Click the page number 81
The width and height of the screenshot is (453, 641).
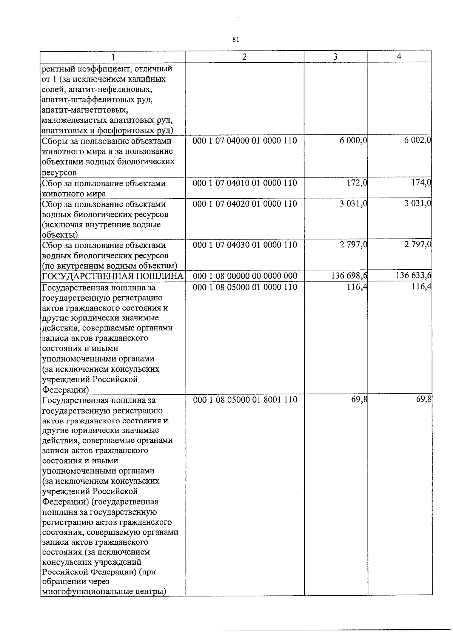pos(236,40)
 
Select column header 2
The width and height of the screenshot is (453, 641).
pos(245,57)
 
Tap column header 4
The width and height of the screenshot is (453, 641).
pos(399,56)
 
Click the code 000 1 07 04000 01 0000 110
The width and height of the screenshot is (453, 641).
pos(245,141)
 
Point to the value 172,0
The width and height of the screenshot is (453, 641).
pos(357,183)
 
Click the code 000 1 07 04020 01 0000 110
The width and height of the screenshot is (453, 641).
pos(245,204)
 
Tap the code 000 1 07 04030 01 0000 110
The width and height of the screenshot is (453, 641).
pos(245,245)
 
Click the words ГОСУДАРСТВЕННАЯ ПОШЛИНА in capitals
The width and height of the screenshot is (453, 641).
pos(113,276)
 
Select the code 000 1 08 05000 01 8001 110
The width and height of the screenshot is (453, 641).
pos(245,400)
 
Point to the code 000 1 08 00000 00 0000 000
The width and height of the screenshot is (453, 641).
pos(245,276)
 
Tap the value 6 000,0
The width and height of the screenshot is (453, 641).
pos(353,141)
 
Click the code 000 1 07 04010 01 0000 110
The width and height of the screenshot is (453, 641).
pos(245,183)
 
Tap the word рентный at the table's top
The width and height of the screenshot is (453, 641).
pos(56,69)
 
